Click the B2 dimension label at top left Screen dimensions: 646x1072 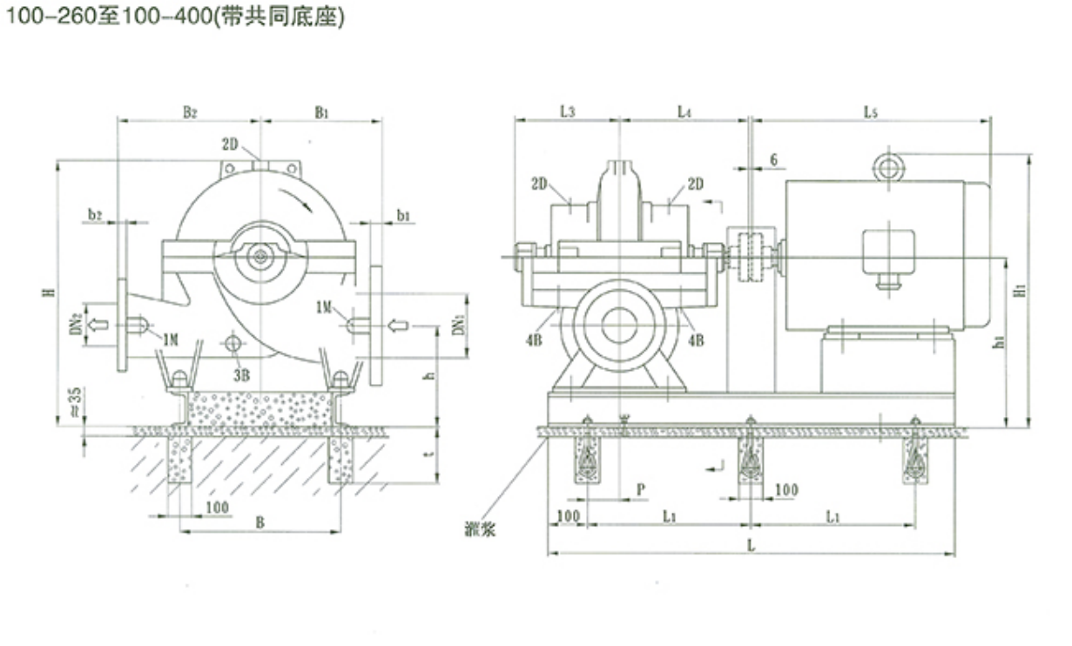[x=190, y=111]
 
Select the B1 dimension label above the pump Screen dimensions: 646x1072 [x=322, y=111]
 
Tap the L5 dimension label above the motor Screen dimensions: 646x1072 [x=871, y=111]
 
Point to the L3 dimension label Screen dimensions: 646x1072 [x=566, y=111]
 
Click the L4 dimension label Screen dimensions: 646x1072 [x=684, y=111]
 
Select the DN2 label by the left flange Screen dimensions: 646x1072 [x=77, y=325]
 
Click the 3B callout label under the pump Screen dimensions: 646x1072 [x=241, y=375]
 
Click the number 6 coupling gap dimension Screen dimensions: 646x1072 [x=773, y=160]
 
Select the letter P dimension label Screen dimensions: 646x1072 [x=640, y=489]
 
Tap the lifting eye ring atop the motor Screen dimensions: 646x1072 [x=888, y=165]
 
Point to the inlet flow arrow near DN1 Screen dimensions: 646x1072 [x=397, y=326]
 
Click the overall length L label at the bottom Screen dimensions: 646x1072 [x=751, y=542]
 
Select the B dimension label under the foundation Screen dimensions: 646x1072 [x=260, y=522]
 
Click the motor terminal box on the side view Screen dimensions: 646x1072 [x=888, y=252]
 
